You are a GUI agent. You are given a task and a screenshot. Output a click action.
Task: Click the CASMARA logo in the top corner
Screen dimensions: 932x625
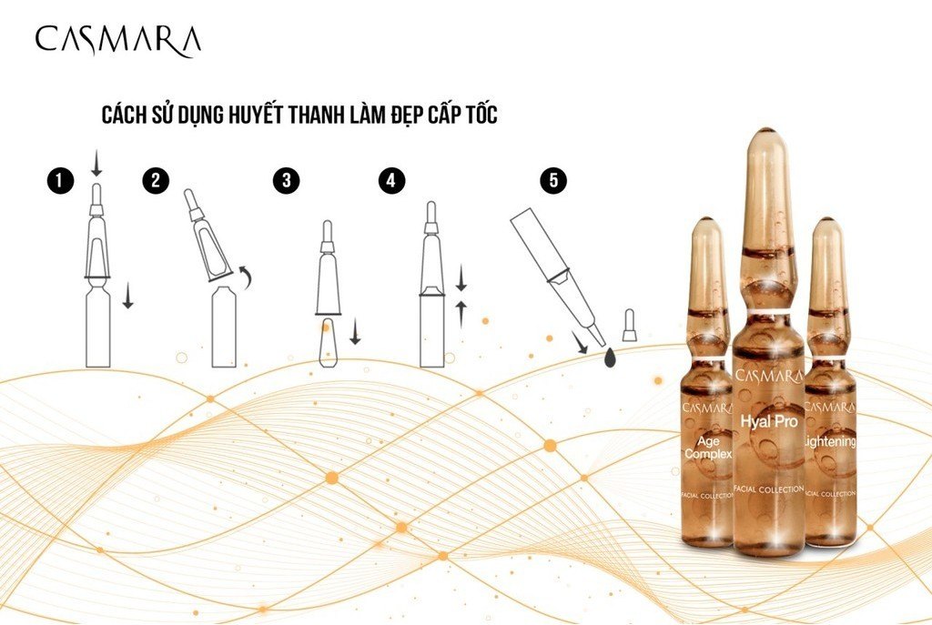click(117, 40)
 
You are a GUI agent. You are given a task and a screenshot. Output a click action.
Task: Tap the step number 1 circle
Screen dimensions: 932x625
click(61, 181)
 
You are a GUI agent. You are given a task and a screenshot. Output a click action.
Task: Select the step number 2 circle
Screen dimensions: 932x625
click(156, 180)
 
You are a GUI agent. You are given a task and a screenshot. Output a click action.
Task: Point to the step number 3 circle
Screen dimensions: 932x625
click(287, 180)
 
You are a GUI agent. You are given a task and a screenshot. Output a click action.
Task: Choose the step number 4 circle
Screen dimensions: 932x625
click(391, 180)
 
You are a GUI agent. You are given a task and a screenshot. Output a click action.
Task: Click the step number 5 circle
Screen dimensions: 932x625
click(554, 180)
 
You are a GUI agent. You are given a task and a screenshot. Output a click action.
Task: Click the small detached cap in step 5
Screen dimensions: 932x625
click(629, 326)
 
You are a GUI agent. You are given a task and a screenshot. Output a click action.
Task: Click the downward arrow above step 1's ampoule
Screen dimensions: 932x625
click(96, 164)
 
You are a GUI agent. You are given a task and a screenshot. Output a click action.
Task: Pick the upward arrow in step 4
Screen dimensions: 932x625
click(461, 314)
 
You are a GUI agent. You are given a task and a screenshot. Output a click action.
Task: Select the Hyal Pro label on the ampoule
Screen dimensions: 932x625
click(769, 422)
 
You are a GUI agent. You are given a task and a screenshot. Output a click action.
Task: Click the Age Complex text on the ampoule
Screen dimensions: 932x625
click(708, 448)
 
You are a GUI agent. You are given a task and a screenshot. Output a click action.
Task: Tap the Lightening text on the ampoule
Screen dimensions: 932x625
click(830, 441)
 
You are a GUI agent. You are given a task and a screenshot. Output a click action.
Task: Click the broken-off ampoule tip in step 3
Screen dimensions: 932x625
click(329, 343)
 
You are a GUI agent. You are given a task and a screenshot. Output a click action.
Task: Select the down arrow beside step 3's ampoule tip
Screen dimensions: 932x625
click(355, 331)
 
